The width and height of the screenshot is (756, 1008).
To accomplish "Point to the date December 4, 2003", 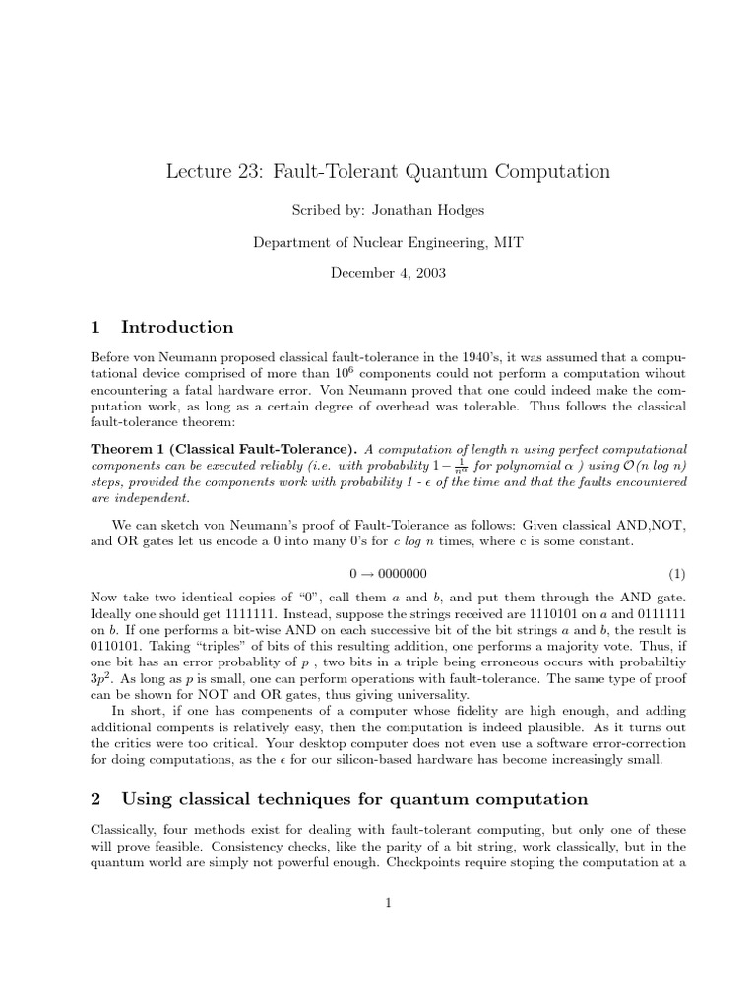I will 378,275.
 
